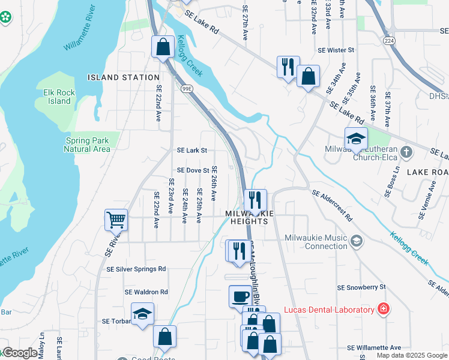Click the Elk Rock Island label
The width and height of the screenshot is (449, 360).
(57, 97)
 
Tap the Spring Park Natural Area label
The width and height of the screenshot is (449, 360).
(88, 145)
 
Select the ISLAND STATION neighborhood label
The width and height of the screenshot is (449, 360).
(124, 77)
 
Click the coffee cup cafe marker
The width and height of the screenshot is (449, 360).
(240, 296)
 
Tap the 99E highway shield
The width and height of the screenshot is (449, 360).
(187, 88)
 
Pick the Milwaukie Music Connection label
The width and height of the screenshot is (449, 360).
(317, 242)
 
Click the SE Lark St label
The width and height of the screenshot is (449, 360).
(192, 151)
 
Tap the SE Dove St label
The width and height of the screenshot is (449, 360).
(192, 171)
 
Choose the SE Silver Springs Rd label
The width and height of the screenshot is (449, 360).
(136, 269)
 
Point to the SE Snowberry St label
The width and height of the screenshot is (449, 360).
(361, 288)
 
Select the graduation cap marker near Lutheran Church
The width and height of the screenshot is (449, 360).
(356, 139)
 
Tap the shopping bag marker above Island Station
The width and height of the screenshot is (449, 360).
(163, 47)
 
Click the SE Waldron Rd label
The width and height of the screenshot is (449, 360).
(146, 292)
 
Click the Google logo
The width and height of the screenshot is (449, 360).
(20, 353)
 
